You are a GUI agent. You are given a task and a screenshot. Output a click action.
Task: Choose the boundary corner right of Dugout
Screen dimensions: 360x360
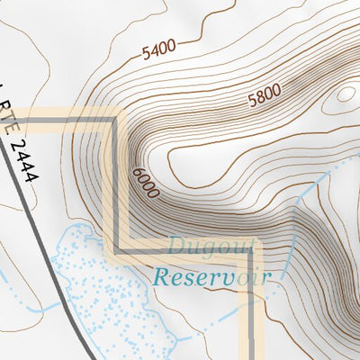(x=255, y=246)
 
